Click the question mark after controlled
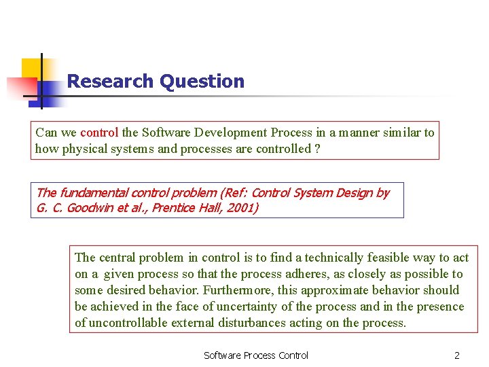pyautogui.click(x=318, y=149)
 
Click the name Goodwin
pyautogui.click(x=88, y=208)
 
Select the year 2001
pyautogui.click(x=242, y=208)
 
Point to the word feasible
pyautogui.click(x=391, y=258)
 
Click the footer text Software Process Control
pyautogui.click(x=256, y=355)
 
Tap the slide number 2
pyautogui.click(x=457, y=355)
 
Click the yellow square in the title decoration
pyautogui.click(x=32, y=69)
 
